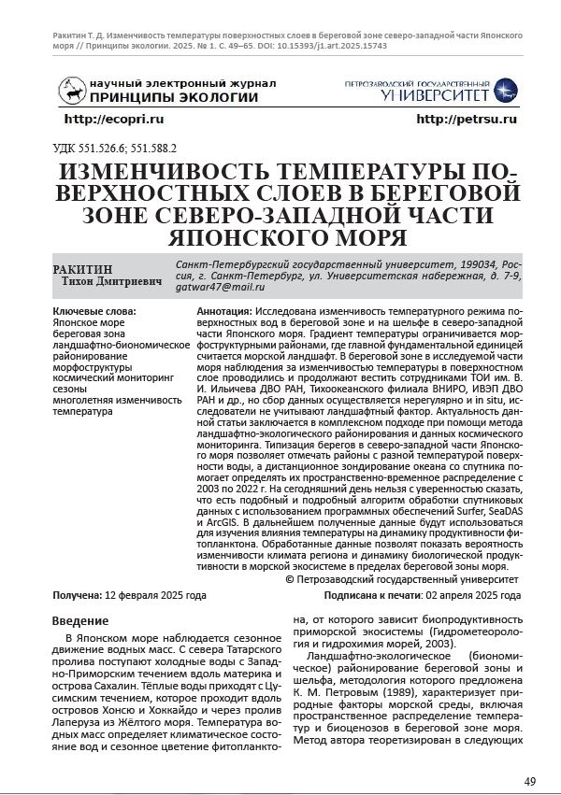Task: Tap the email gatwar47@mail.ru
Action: (214, 287)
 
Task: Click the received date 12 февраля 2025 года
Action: (156, 595)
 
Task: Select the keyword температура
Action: (83, 411)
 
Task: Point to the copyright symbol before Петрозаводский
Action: (288, 579)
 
